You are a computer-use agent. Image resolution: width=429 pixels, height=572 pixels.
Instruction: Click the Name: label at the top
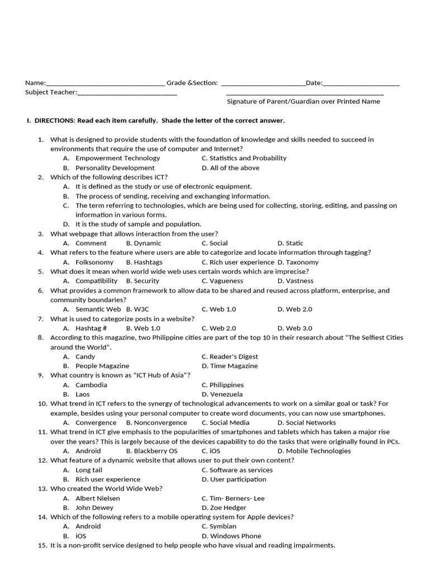[x=35, y=83]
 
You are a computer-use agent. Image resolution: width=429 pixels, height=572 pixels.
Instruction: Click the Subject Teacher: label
[x=51, y=92]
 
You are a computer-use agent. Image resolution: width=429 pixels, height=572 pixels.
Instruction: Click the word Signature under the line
[x=241, y=102]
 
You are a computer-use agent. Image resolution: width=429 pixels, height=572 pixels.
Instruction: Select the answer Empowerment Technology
[x=117, y=158]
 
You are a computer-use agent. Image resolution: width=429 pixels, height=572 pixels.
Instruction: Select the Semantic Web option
[x=98, y=309]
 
